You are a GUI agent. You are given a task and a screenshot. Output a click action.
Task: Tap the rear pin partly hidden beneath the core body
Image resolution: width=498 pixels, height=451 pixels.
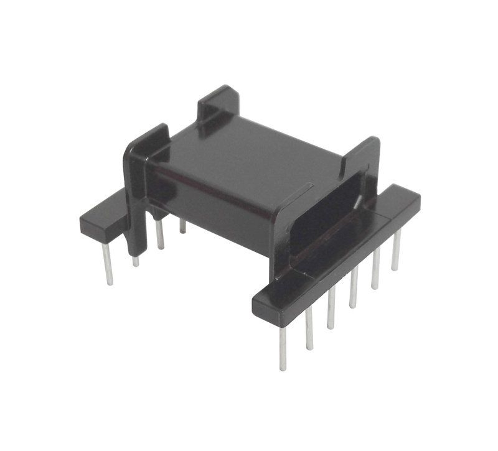coord(182,226)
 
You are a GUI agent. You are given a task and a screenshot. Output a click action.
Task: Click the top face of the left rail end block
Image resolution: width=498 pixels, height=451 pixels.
coord(103,212)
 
